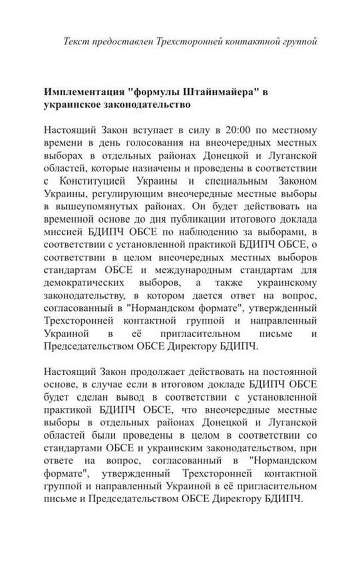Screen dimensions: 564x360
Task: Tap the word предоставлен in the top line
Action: (118, 41)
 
